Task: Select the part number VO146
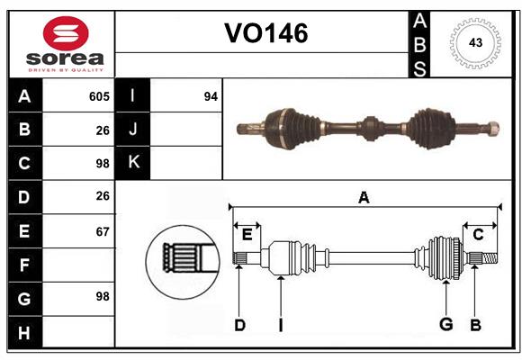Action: (x=265, y=33)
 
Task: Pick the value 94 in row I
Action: (x=211, y=96)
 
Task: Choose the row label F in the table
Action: (x=24, y=265)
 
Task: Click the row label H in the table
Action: (x=24, y=333)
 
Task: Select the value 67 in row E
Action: (x=102, y=231)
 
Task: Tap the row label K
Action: (x=133, y=163)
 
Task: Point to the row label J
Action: (x=133, y=130)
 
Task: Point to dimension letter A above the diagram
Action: (x=364, y=197)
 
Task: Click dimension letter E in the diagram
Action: (x=247, y=235)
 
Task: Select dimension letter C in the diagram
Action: (x=478, y=235)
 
